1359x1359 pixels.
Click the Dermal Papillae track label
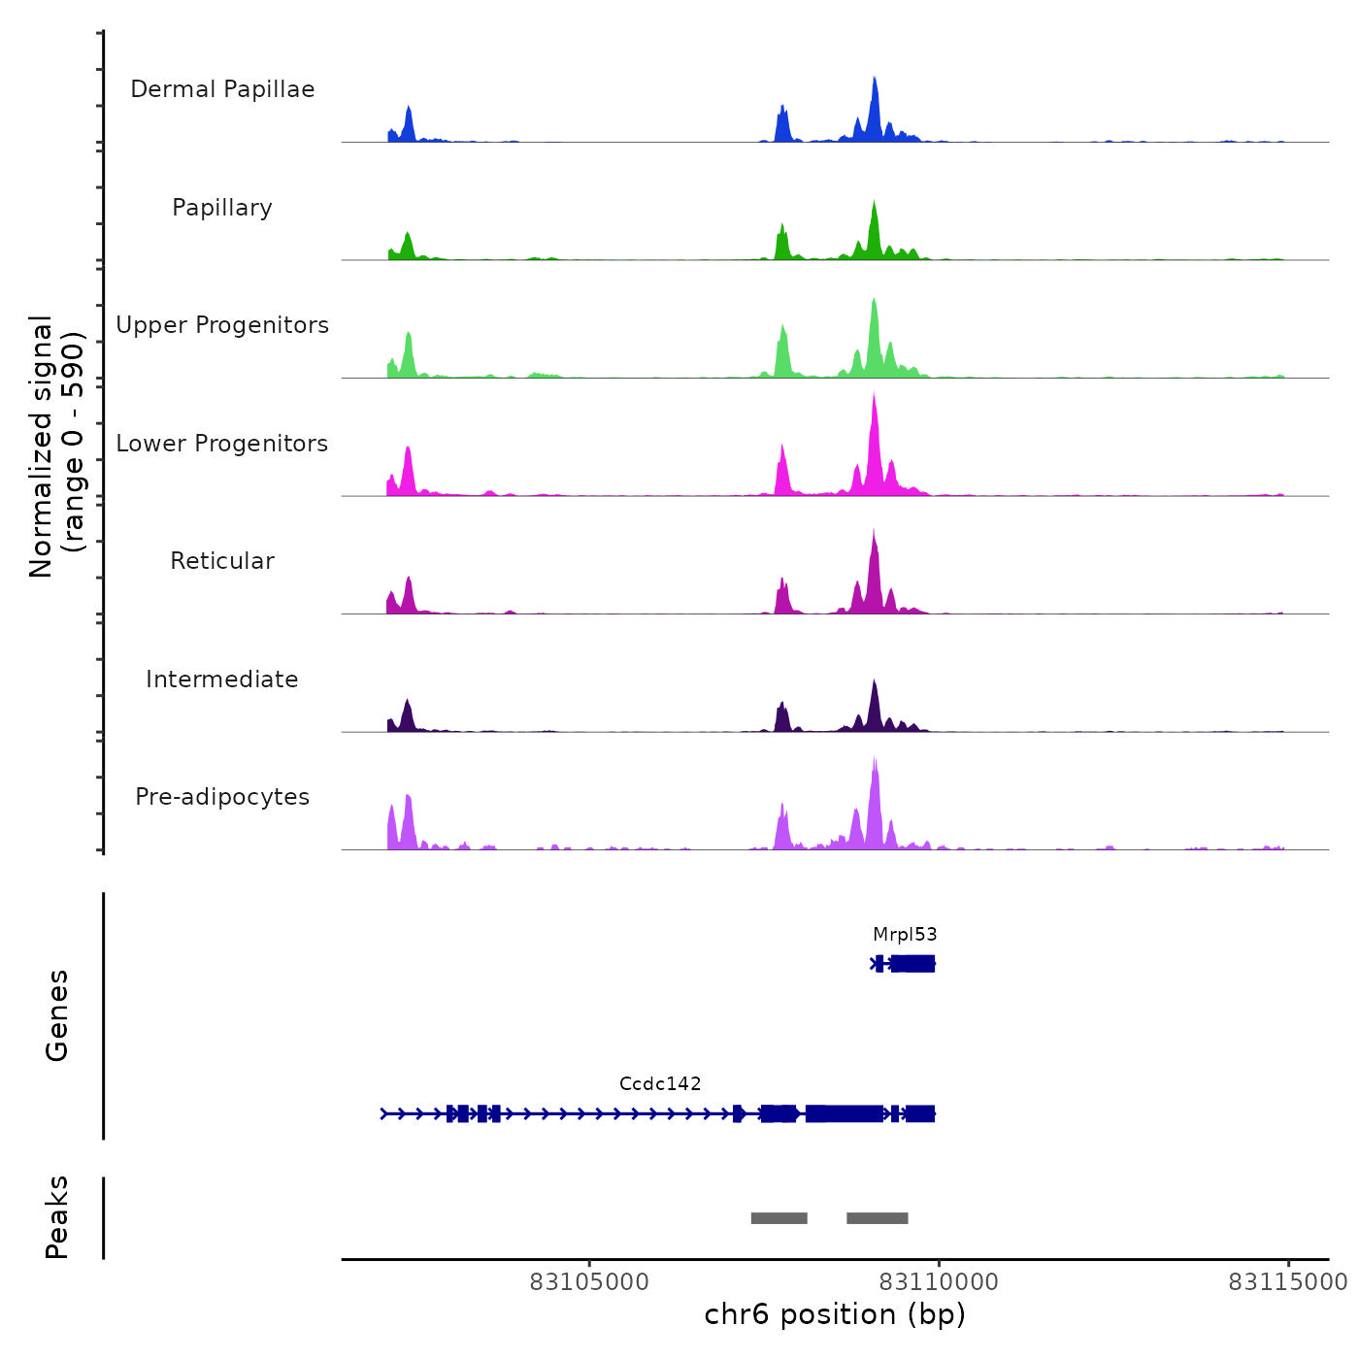click(222, 89)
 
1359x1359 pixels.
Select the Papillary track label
click(222, 208)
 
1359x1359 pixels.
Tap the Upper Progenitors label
click(222, 325)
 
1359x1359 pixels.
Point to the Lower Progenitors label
click(222, 444)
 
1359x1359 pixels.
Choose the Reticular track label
click(222, 561)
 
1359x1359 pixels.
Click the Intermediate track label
click(222, 679)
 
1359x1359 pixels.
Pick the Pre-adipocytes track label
click(222, 797)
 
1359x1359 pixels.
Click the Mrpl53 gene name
click(905, 935)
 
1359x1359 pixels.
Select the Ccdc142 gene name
click(660, 1084)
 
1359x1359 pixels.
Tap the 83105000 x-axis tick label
click(589, 1282)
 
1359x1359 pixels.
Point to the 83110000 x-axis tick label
click(939, 1282)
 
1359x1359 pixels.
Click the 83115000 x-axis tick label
click(1288, 1282)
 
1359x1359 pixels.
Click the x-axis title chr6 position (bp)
click(835, 1315)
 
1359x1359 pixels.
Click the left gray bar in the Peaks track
click(779, 1218)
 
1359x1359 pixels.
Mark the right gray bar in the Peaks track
click(878, 1218)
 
